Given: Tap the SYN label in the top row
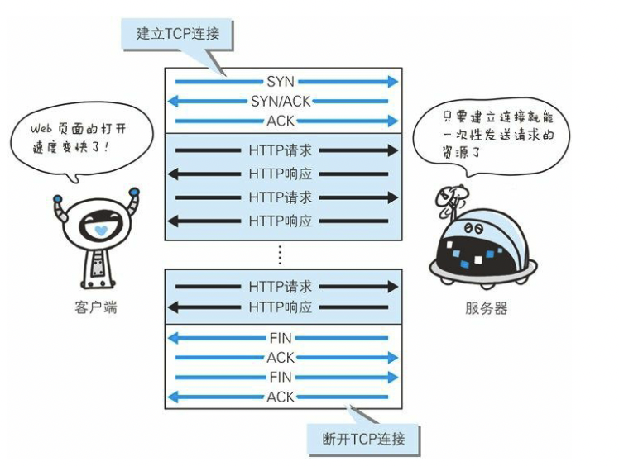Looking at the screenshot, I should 281,82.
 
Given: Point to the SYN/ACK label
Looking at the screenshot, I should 281,102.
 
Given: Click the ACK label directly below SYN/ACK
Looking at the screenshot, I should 281,121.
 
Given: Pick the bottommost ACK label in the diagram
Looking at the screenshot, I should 281,397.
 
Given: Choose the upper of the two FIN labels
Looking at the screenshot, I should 281,338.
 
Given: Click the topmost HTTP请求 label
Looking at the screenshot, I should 281,151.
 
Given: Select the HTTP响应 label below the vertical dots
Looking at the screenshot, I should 281,307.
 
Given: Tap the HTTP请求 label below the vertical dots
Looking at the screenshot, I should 281,287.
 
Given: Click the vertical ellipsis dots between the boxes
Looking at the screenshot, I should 280,254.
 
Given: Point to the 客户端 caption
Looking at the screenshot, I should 95,307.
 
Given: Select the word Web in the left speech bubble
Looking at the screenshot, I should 41,130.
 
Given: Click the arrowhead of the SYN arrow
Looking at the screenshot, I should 393,82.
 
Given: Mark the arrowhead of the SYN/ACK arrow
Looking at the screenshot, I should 172,102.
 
